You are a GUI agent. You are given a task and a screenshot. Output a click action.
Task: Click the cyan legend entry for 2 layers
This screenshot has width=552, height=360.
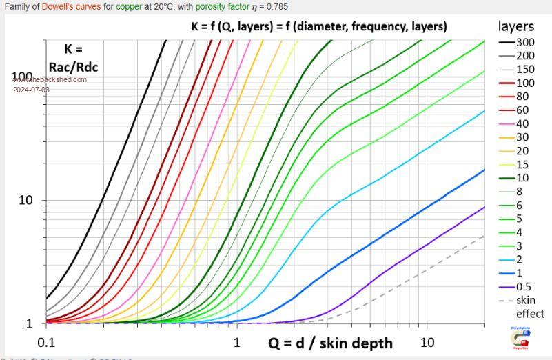point(516,259)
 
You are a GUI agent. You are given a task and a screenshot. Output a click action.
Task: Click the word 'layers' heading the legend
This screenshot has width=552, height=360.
point(516,26)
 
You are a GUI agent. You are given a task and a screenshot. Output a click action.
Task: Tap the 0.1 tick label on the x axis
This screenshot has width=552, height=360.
point(45,343)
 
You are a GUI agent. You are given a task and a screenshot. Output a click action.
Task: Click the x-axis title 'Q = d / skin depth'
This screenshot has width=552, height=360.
point(330,343)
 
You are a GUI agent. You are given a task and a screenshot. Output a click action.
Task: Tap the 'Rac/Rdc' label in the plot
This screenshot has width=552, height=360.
point(73,66)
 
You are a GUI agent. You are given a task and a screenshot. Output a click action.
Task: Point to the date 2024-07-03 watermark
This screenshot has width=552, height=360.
point(31,90)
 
